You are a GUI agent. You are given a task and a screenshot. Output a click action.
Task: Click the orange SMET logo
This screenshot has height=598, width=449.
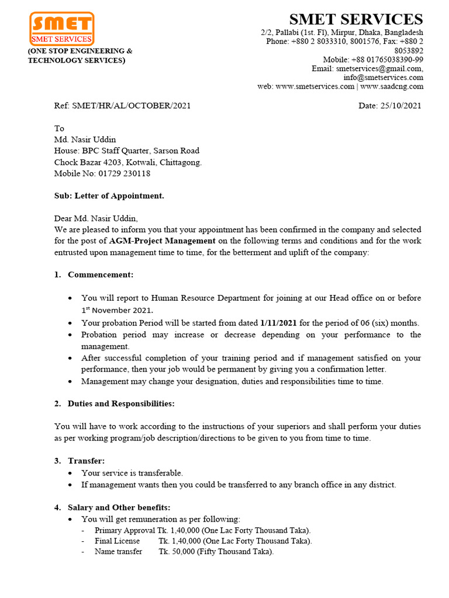(61, 29)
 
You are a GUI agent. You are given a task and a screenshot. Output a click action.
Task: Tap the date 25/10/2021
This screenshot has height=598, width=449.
(400, 106)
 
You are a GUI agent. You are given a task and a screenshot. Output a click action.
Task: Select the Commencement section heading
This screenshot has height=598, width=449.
(101, 274)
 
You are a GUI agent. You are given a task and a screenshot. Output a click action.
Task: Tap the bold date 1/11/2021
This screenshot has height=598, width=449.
(279, 323)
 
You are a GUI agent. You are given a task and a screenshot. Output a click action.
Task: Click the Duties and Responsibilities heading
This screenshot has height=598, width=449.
(121, 404)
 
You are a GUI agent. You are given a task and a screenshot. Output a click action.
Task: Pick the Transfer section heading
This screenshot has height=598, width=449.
(87, 461)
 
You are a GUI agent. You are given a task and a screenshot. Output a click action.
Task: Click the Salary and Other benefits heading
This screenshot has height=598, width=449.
(119, 507)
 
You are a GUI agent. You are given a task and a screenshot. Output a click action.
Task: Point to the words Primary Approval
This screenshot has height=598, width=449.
(125, 530)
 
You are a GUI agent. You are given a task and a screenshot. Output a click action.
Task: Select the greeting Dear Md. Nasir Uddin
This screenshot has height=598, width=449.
(96, 218)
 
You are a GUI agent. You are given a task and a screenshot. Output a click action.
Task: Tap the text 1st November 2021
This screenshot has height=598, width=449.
(117, 310)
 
